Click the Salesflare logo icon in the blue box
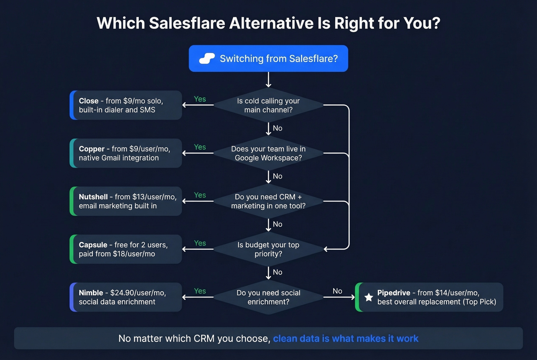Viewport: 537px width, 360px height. point(207,58)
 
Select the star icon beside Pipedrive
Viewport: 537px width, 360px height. point(369,297)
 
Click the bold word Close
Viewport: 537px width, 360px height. point(89,101)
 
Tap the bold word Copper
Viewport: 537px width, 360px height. point(92,149)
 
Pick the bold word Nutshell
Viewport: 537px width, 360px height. point(93,197)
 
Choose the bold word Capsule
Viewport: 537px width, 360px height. point(93,245)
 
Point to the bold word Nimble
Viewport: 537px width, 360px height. point(91,293)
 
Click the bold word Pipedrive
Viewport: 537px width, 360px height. point(394,293)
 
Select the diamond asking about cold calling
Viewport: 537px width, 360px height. point(268,105)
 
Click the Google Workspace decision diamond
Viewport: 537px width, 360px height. point(268,153)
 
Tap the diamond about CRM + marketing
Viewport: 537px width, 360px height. point(268,201)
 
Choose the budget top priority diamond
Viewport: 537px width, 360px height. point(268,249)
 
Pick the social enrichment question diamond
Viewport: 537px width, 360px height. point(268,297)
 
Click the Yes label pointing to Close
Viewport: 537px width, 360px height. point(200,99)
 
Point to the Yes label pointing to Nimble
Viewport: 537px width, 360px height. point(200,291)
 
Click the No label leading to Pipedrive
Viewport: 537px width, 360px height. point(338,291)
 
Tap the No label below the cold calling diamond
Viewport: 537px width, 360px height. point(278,128)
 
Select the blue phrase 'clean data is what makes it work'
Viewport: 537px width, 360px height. point(346,339)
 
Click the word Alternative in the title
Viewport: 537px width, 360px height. point(271,23)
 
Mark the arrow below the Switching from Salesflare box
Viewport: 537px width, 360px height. point(268,80)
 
